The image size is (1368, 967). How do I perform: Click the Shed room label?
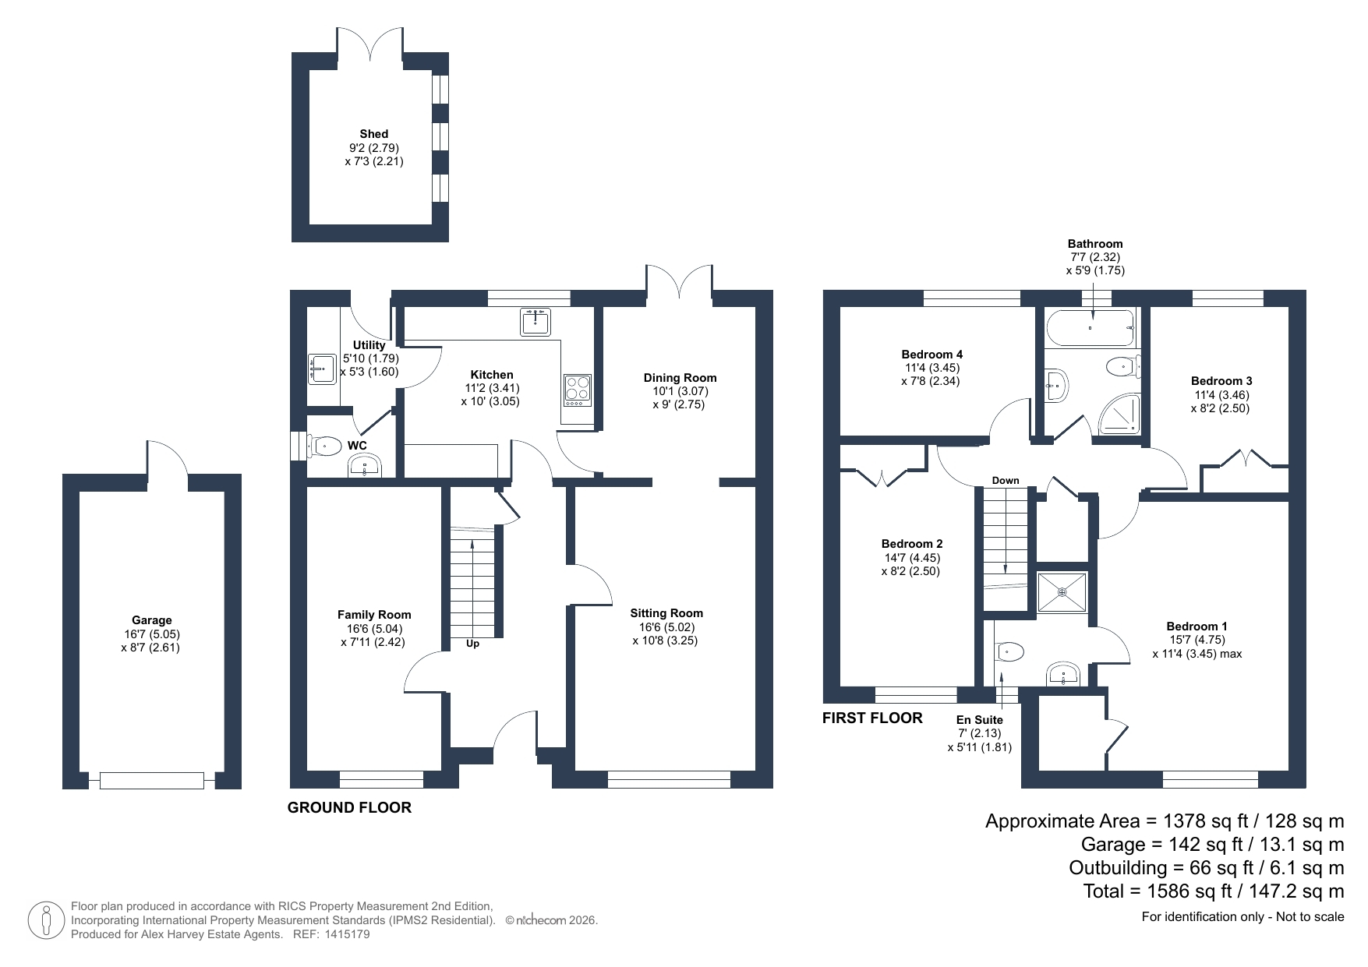pos(374,134)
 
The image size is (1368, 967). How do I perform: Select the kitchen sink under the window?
pos(536,321)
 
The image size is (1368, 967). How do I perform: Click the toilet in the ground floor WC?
pos(326,446)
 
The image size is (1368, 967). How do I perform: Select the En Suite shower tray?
pos(1062,592)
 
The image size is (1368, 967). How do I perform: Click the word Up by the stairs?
pos(472,644)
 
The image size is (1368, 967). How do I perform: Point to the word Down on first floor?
pos(1006,481)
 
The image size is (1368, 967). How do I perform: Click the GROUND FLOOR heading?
pos(349,808)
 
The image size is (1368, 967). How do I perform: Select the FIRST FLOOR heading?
pos(872,718)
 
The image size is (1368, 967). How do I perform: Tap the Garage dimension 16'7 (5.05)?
pos(151,634)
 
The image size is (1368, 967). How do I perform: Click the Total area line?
pos(1214,891)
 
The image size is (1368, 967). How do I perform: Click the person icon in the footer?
pos(47,920)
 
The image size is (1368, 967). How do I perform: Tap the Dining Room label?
pos(680,378)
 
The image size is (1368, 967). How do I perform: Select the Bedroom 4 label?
pos(931,355)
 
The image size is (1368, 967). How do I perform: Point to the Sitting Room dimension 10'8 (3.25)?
pos(665,641)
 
